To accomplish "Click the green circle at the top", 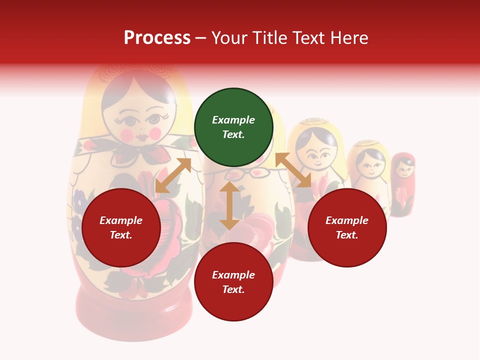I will click(233, 127).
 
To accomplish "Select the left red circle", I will click(121, 228).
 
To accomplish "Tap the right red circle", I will click(347, 228).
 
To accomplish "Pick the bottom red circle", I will click(233, 282).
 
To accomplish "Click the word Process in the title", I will click(157, 38).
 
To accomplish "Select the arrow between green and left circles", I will click(173, 175).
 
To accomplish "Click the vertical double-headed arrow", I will click(229, 205).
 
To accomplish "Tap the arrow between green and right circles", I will click(293, 170).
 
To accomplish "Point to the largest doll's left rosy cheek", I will click(127, 135).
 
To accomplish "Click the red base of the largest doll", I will click(133, 315).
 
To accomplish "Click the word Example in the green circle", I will click(233, 120).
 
